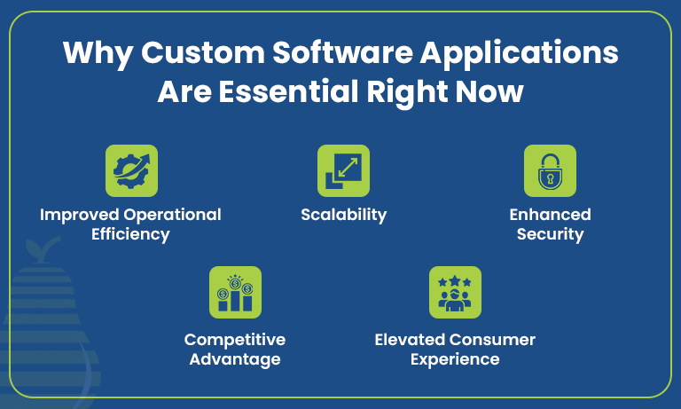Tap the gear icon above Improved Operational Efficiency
[x=131, y=170]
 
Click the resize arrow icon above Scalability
[x=343, y=170]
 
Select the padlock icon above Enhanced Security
[x=550, y=170]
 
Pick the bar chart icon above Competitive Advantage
[x=235, y=292]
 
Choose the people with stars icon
[x=455, y=292]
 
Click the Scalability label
[x=343, y=215]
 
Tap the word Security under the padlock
[x=550, y=235]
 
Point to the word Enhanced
[x=550, y=215]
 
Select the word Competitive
[x=235, y=340]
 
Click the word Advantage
[x=235, y=359]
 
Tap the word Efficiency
[x=131, y=235]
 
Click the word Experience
[x=455, y=359]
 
